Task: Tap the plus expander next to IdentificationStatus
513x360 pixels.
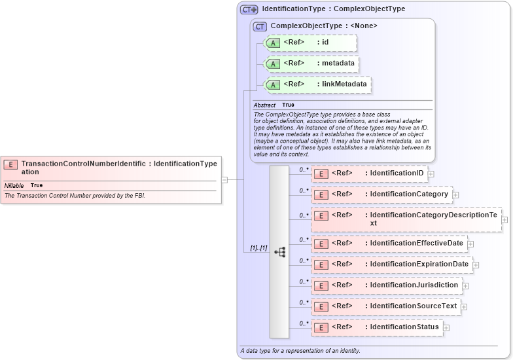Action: click(447, 327)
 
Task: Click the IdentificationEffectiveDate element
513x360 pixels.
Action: click(389, 243)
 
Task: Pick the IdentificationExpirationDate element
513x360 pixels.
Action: click(391, 264)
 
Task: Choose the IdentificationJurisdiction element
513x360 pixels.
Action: click(386, 285)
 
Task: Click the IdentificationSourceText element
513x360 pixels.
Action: click(385, 306)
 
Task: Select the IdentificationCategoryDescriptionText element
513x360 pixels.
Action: click(406, 219)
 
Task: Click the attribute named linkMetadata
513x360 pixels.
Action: click(318, 84)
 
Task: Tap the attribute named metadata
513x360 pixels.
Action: click(311, 63)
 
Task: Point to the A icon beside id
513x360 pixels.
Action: click(274, 43)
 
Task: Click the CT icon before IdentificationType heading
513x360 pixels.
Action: click(249, 9)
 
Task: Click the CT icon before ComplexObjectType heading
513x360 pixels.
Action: click(260, 26)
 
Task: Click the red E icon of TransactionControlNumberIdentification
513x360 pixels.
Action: click(10, 164)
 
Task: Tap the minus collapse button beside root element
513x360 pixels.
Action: click(224, 179)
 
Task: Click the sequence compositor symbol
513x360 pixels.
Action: click(279, 251)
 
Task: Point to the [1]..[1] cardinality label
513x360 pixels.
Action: click(258, 248)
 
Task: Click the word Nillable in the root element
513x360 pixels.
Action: click(14, 186)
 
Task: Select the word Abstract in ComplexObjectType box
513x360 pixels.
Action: click(264, 105)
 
